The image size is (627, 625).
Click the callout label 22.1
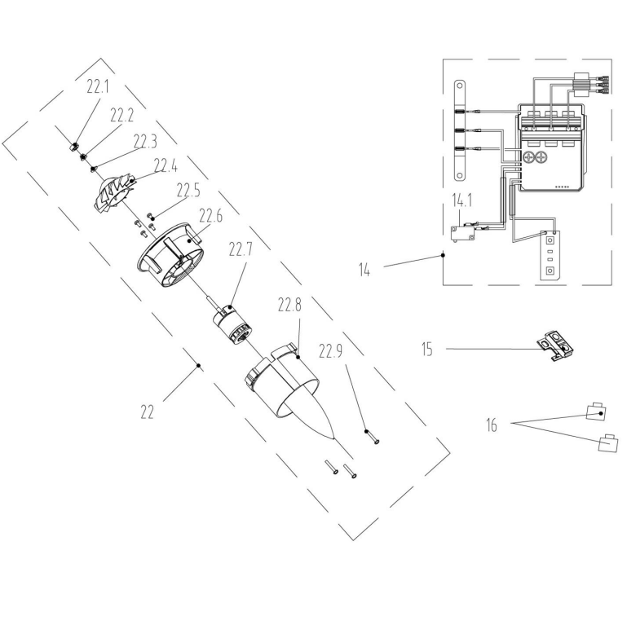click(98, 86)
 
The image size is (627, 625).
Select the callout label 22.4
click(166, 165)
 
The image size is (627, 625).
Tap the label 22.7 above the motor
click(241, 249)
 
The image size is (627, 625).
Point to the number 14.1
click(462, 200)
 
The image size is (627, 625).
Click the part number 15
click(427, 349)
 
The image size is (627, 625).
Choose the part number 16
click(492, 425)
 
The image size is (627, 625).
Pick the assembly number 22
click(147, 412)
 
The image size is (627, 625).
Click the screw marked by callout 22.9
click(372, 437)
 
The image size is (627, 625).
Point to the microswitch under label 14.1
click(463, 233)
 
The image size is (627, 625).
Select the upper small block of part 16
click(596, 412)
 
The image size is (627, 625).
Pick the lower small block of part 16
click(608, 442)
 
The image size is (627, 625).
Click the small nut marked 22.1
click(73, 147)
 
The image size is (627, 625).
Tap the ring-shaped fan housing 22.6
click(170, 256)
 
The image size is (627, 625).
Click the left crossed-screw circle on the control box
click(528, 157)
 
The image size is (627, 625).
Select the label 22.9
click(330, 351)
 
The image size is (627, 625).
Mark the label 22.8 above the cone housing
click(289, 306)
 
